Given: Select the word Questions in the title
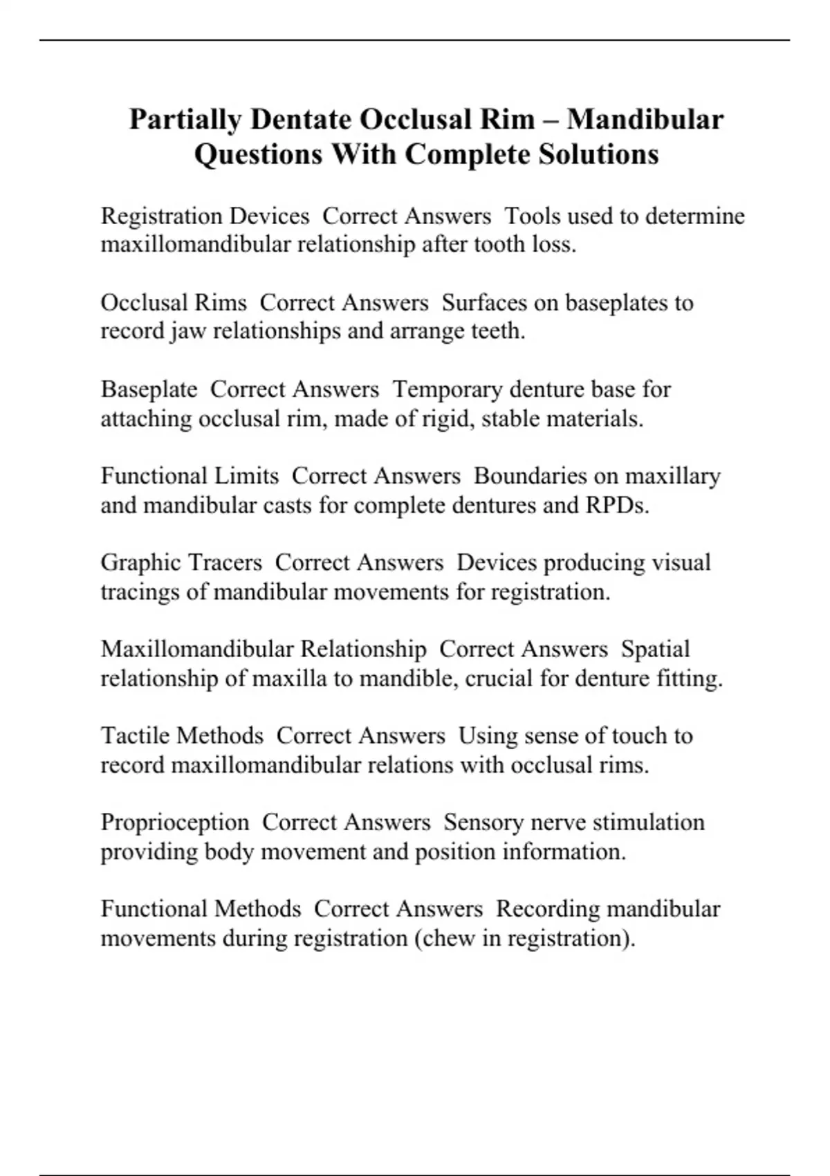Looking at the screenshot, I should pos(257,154).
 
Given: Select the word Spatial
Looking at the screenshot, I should pos(655,649).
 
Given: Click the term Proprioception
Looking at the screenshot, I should pos(175,823).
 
